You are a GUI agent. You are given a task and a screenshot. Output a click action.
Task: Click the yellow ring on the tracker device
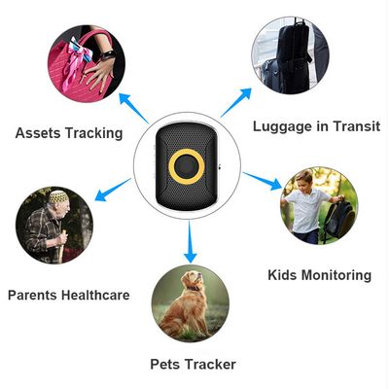pos(170,167)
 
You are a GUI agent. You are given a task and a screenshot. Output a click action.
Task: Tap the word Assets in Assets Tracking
pos(38,133)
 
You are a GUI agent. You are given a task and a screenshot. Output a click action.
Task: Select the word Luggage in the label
pos(282,126)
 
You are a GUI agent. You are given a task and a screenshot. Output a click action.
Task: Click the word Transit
pos(357,125)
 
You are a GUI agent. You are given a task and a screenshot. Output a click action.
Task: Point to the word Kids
pos(282,275)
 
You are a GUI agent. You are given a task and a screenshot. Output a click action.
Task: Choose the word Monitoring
pos(336,275)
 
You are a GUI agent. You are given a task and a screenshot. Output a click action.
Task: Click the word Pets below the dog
pos(165,364)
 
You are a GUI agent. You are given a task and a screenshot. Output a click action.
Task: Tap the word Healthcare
pos(95,295)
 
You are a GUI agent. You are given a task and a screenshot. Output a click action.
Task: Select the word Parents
pos(32,295)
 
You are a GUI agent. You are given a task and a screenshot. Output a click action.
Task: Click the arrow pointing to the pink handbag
pos(133,108)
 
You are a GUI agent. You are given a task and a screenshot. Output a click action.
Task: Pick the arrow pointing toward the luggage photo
pos(236,102)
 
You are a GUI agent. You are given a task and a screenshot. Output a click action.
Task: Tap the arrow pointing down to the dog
pos(191,241)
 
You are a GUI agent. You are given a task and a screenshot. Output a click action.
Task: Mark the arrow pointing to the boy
pos(263,181)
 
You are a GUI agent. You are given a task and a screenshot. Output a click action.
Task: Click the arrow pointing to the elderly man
pos(113,190)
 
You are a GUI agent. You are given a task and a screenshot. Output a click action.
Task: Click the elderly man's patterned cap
pos(58,196)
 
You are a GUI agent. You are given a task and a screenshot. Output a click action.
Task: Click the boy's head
pos(303,179)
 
